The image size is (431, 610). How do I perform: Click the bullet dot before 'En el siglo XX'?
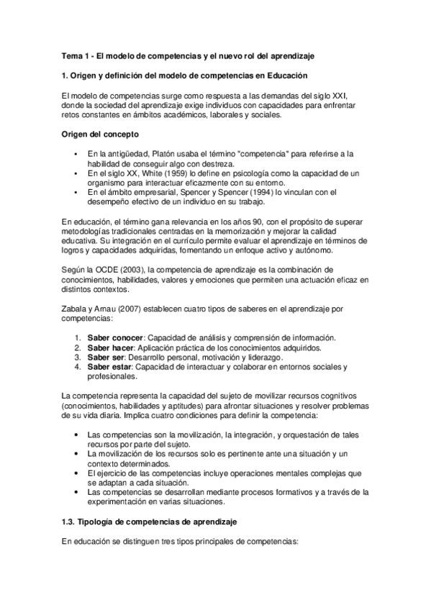[x=76, y=173]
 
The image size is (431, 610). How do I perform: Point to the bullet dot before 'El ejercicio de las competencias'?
[x=76, y=473]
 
